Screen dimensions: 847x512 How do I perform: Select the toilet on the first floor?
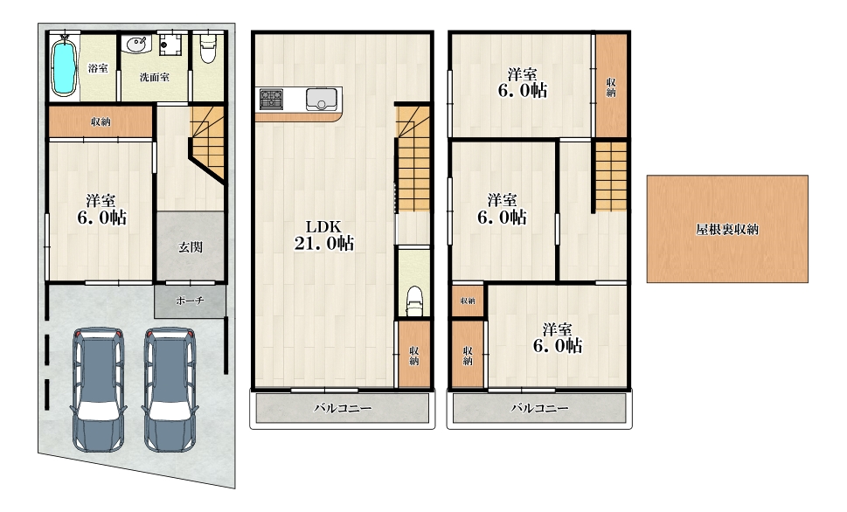click(208, 48)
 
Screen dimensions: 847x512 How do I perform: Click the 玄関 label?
click(191, 247)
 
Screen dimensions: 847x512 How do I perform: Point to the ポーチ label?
click(190, 301)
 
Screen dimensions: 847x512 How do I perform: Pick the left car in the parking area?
click(98, 389)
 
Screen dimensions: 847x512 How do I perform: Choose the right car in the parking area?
click(170, 389)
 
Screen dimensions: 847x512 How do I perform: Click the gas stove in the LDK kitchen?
click(271, 100)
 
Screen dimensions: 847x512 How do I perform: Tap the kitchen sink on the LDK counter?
click(322, 100)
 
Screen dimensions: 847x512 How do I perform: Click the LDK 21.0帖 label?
click(323, 236)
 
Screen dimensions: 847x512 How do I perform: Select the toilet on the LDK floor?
click(414, 301)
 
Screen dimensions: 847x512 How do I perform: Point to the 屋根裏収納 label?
click(727, 229)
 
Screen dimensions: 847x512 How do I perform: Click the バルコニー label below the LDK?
click(343, 408)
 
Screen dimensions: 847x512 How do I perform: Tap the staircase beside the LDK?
click(413, 158)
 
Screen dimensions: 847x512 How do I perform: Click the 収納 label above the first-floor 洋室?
click(101, 121)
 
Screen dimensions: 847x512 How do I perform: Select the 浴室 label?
click(98, 68)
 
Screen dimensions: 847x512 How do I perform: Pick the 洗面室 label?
click(155, 77)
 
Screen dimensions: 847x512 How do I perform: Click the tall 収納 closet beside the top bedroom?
click(611, 86)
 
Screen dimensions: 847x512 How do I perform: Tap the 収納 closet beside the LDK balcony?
click(413, 354)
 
